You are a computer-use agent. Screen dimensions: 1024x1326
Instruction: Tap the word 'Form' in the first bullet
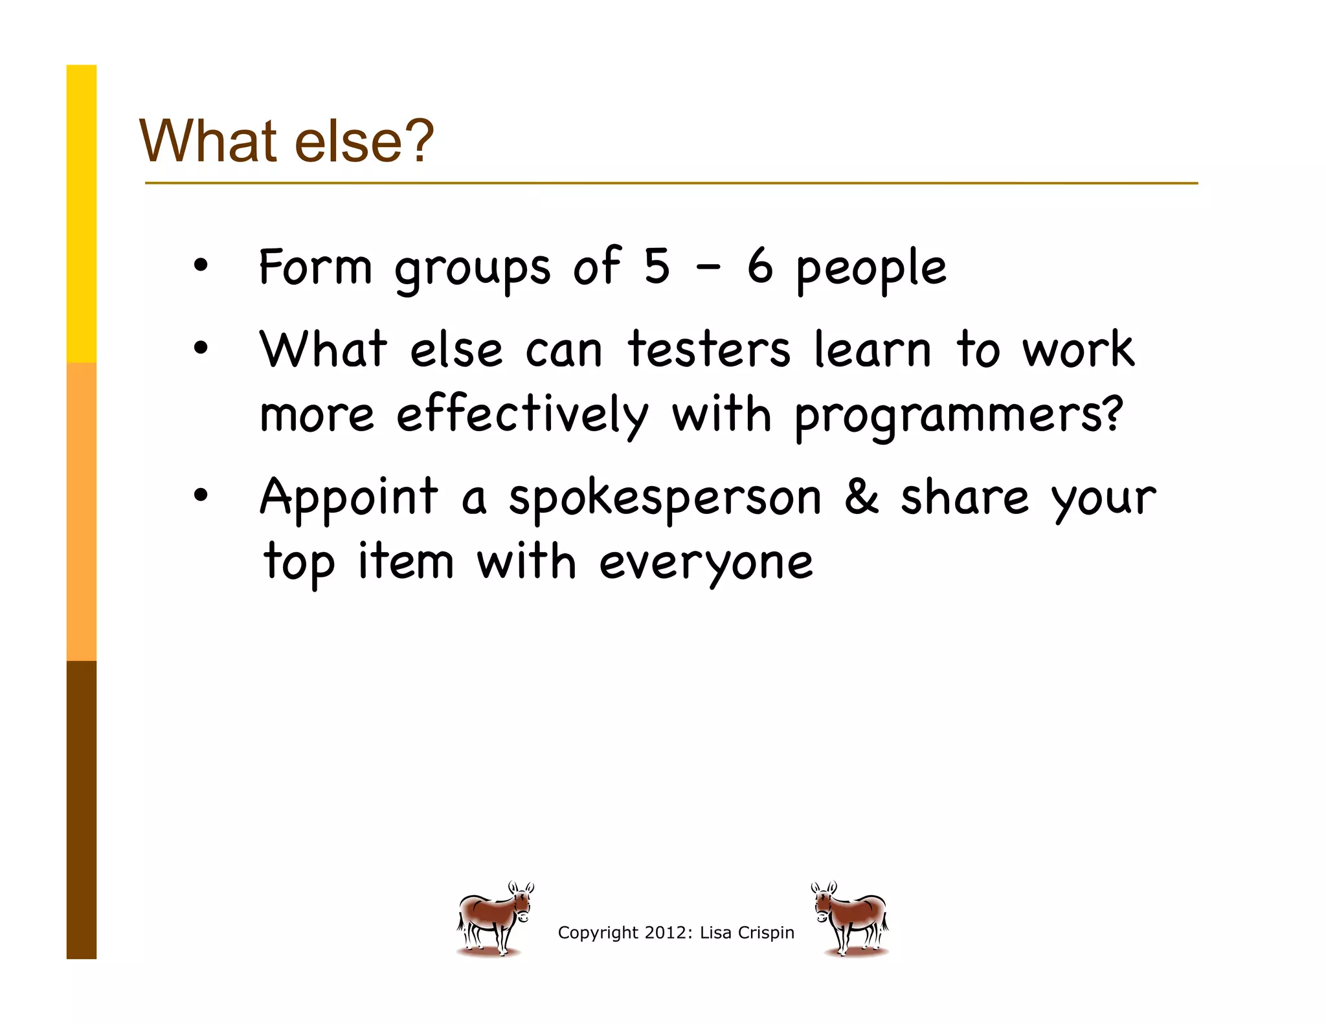[315, 267]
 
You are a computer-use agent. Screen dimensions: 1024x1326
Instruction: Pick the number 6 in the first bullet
[760, 267]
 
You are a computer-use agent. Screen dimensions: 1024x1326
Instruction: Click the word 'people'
[871, 269]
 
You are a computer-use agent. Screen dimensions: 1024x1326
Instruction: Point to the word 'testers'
[709, 350]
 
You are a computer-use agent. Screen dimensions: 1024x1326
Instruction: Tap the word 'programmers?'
[958, 416]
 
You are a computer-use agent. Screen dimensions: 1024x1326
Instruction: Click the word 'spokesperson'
[665, 498]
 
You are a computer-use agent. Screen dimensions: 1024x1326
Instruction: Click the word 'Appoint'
[349, 497]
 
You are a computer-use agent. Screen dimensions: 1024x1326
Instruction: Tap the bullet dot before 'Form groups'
[201, 265]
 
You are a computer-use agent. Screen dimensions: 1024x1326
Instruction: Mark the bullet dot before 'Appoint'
[201, 496]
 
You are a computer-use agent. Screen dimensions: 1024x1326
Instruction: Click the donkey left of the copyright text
[495, 918]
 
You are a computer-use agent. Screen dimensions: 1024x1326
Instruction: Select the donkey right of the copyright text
[851, 918]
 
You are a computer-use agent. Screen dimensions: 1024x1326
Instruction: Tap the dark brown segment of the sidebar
[82, 809]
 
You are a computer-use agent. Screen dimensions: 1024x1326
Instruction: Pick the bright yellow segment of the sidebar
[82, 214]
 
